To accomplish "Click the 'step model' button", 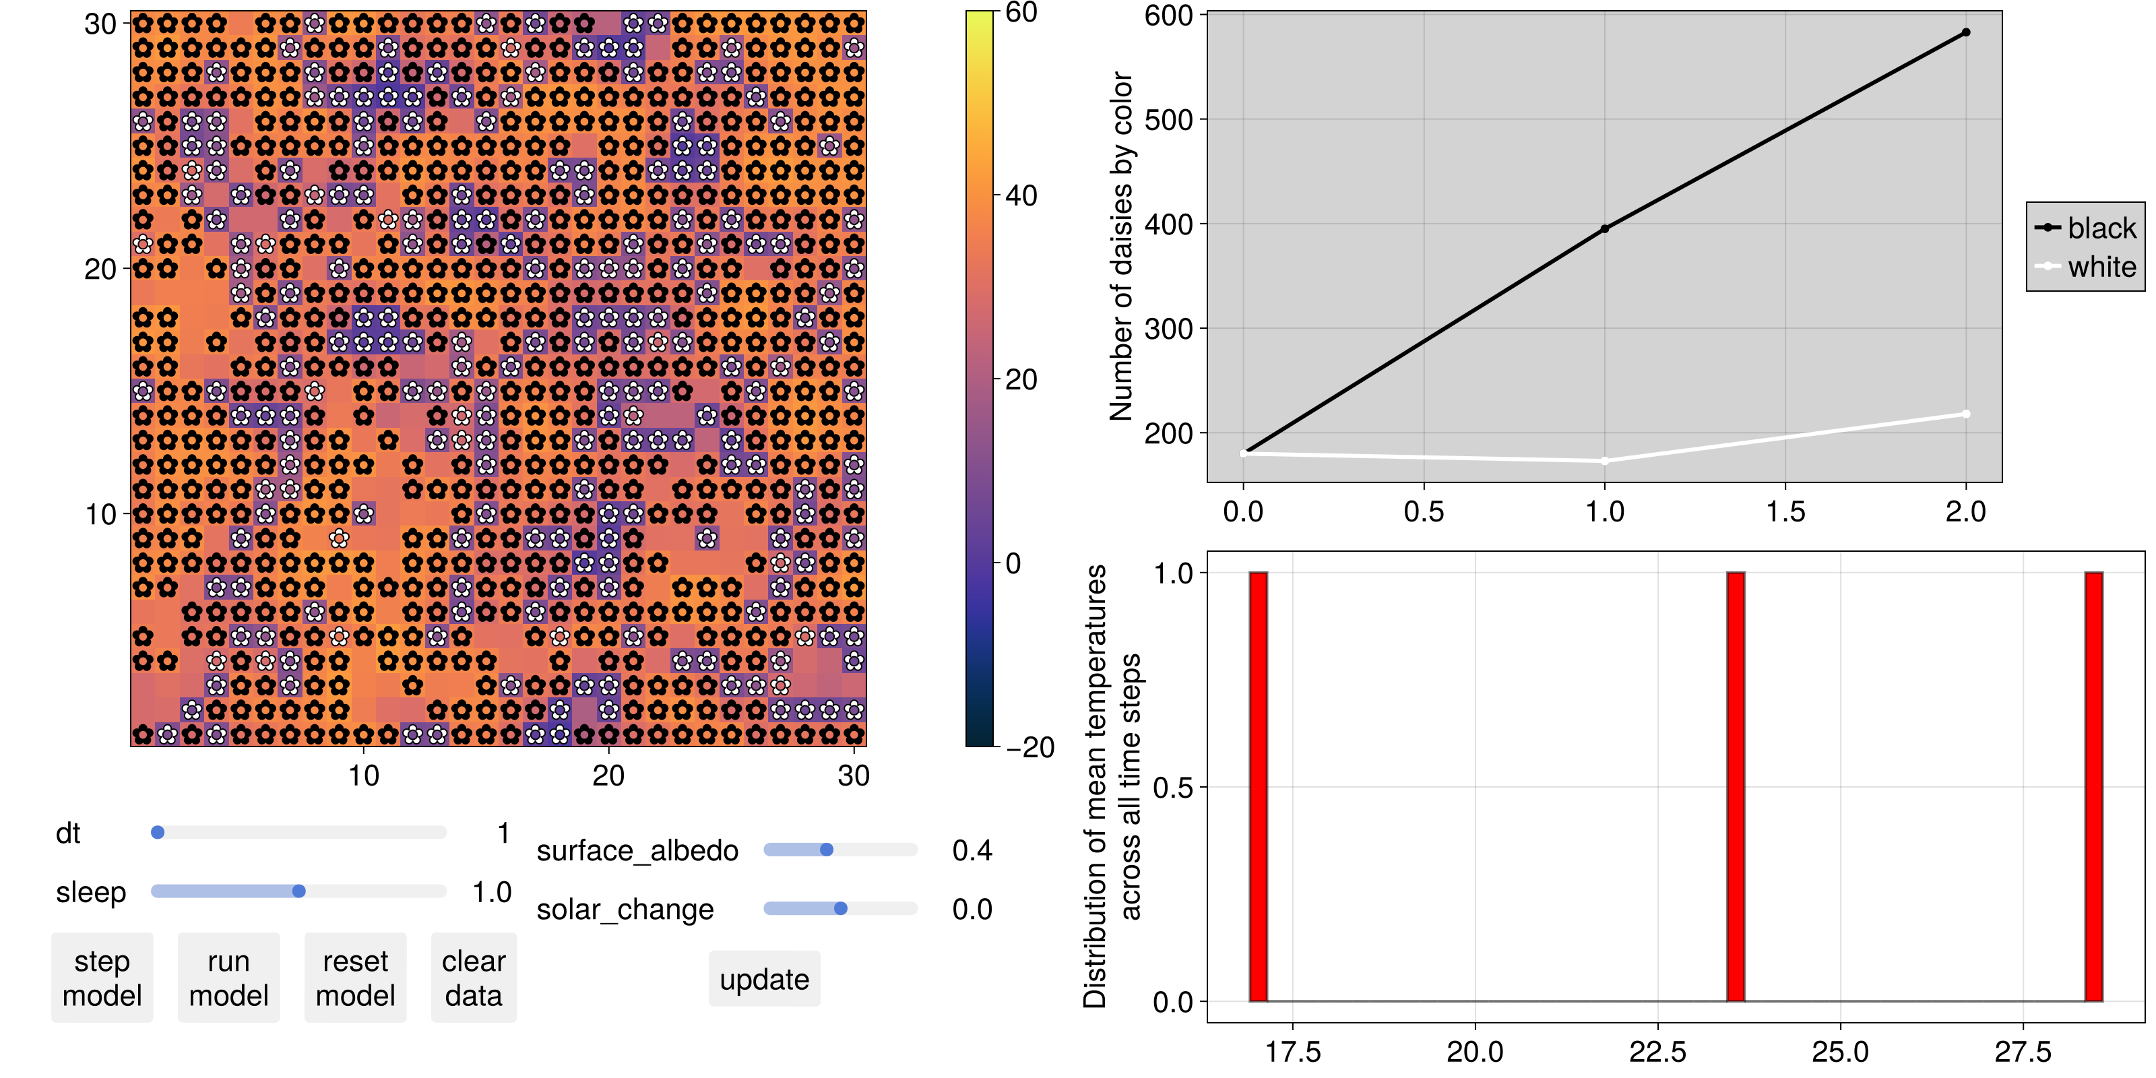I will (102, 978).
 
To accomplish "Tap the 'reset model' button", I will (355, 978).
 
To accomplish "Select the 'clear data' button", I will (474, 978).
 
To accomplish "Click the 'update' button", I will (764, 978).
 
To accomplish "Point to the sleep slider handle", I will (298, 891).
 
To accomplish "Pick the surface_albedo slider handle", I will (826, 850).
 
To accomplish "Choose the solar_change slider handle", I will (840, 909).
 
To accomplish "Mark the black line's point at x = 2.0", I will (1966, 32).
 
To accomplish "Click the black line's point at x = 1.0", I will (1604, 228).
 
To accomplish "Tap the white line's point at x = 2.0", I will (1966, 414).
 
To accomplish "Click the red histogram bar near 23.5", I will (1736, 787).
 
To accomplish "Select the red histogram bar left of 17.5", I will (1258, 787).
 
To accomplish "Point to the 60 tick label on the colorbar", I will (1021, 13).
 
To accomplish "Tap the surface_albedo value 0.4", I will (972, 850).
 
